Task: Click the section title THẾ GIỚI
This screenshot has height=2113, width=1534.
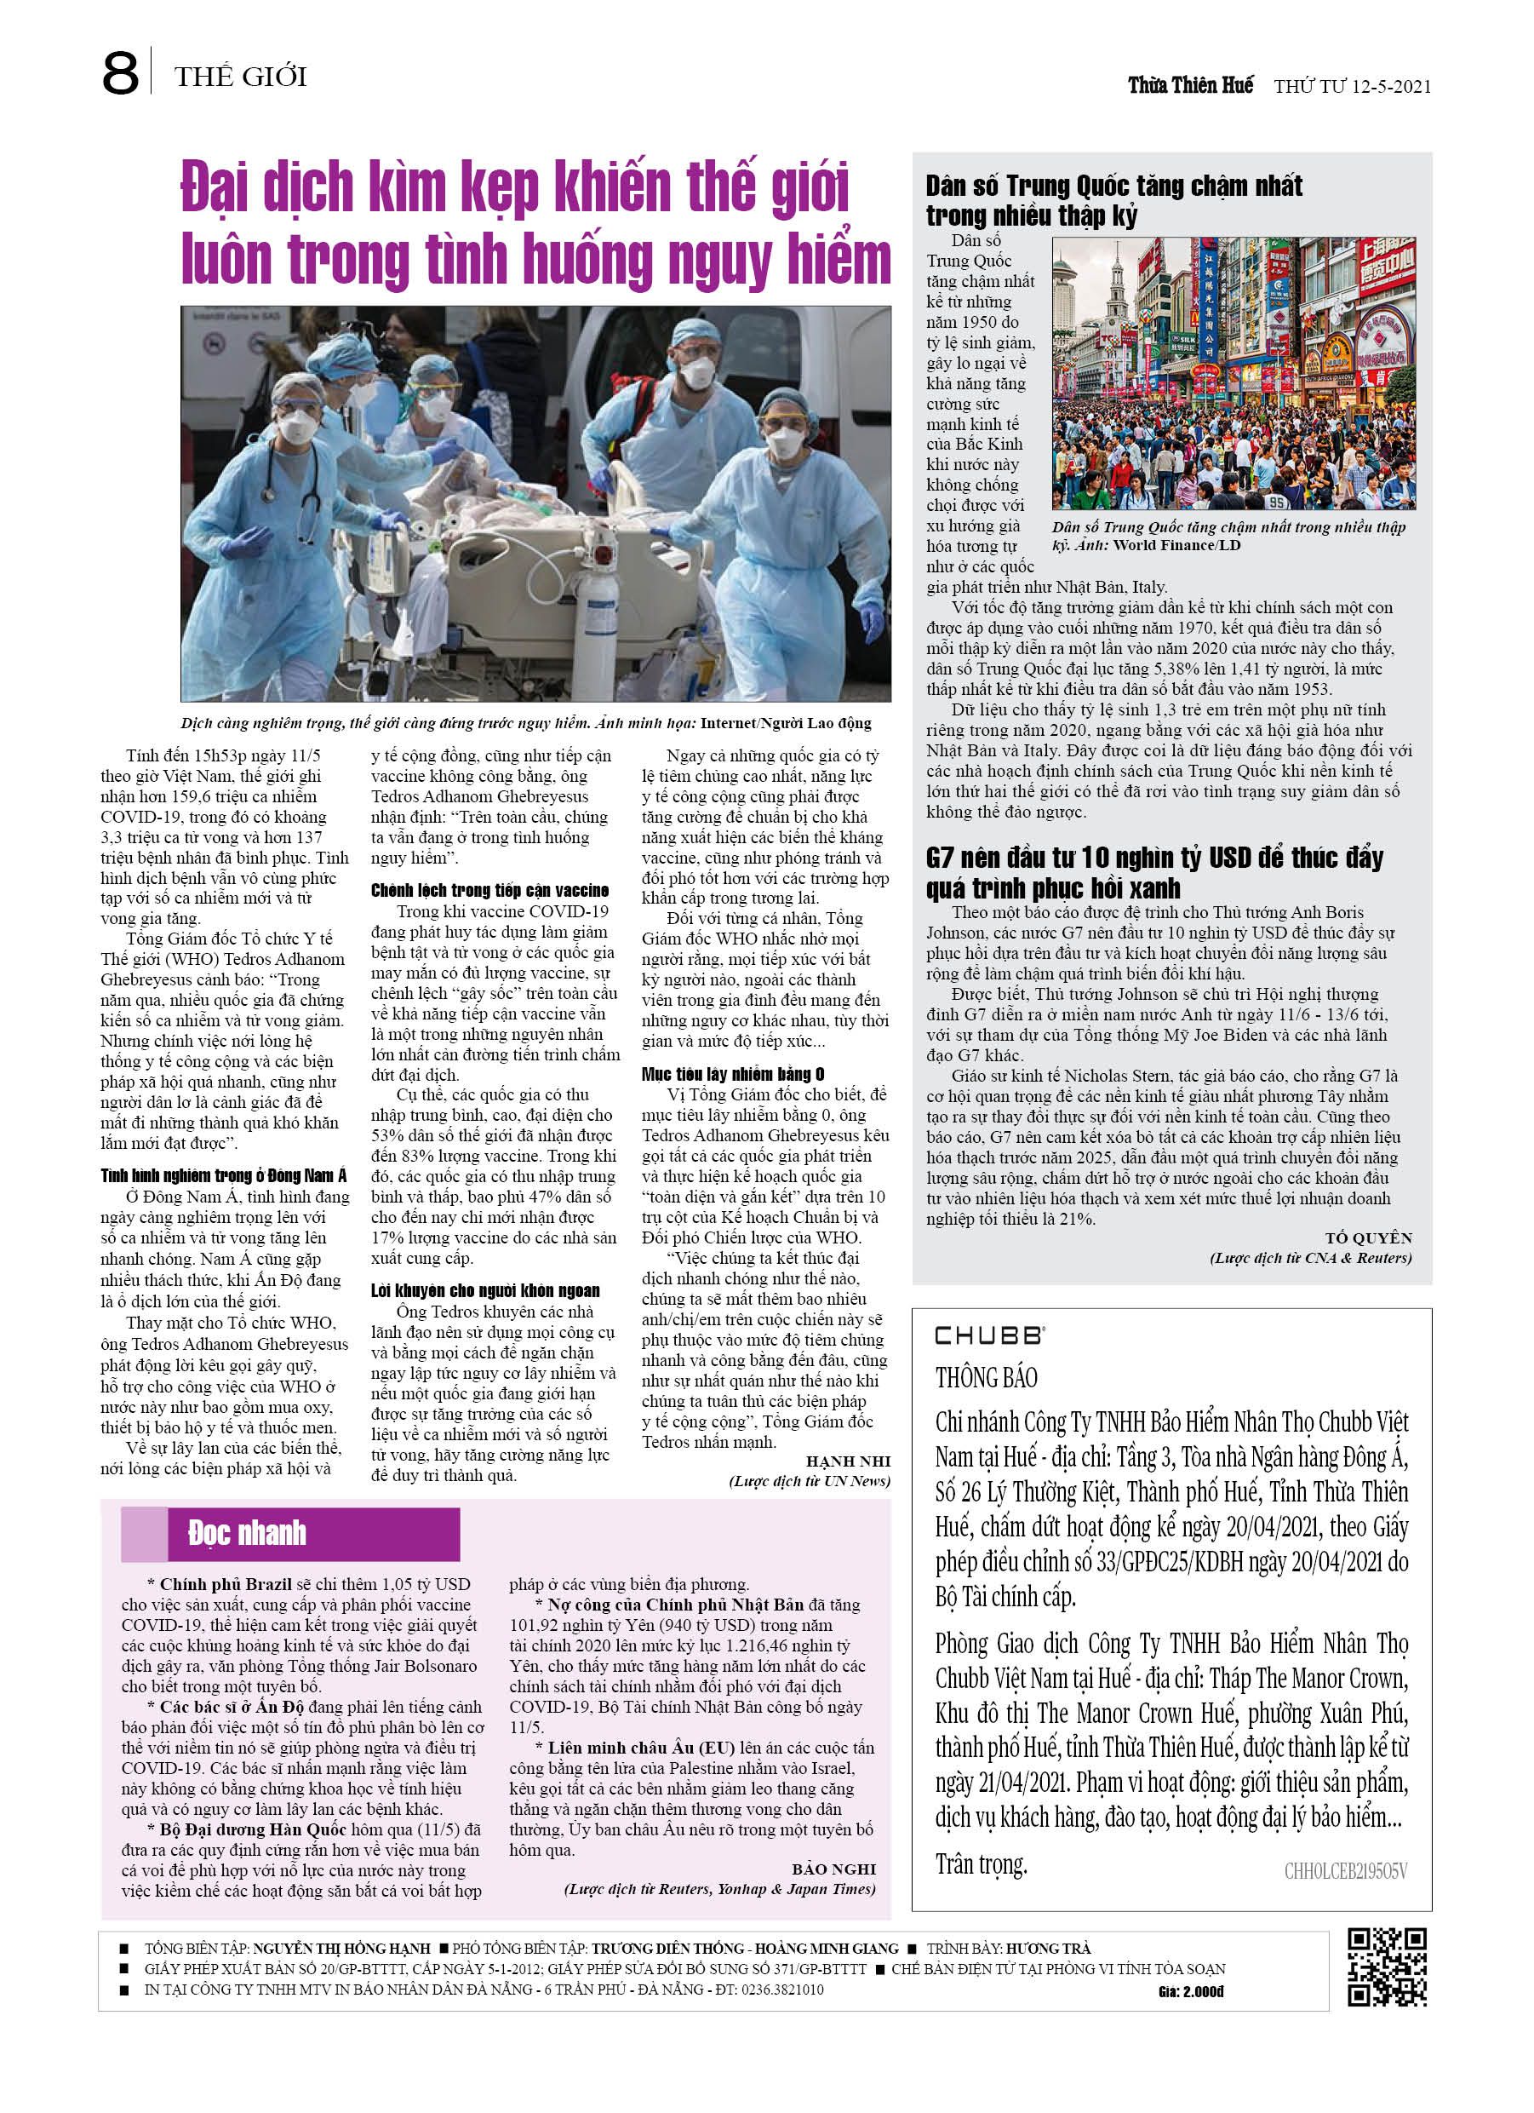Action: click(x=240, y=77)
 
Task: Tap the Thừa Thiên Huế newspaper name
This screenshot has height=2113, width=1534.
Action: click(x=1189, y=86)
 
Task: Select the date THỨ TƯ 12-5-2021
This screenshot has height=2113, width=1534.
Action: click(x=1352, y=87)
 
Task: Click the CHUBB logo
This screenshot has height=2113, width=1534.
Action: click(x=989, y=1335)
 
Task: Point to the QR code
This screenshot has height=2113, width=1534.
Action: click(x=1387, y=1967)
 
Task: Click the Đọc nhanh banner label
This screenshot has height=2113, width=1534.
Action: click(x=247, y=1532)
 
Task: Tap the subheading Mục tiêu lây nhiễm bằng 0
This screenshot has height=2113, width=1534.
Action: click(x=732, y=1073)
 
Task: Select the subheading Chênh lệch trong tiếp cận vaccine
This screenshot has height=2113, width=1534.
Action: click(x=489, y=890)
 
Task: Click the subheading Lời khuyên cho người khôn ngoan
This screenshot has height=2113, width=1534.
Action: click(x=484, y=1289)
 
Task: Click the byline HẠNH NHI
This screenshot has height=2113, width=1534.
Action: click(x=848, y=1461)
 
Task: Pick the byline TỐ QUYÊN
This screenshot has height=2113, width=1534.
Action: click(x=1368, y=1237)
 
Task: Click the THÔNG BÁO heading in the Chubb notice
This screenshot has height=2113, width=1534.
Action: click(x=987, y=1377)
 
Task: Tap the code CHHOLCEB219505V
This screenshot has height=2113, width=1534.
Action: click(x=1345, y=1872)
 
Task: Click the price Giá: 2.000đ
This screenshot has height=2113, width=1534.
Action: click(x=1190, y=1991)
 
